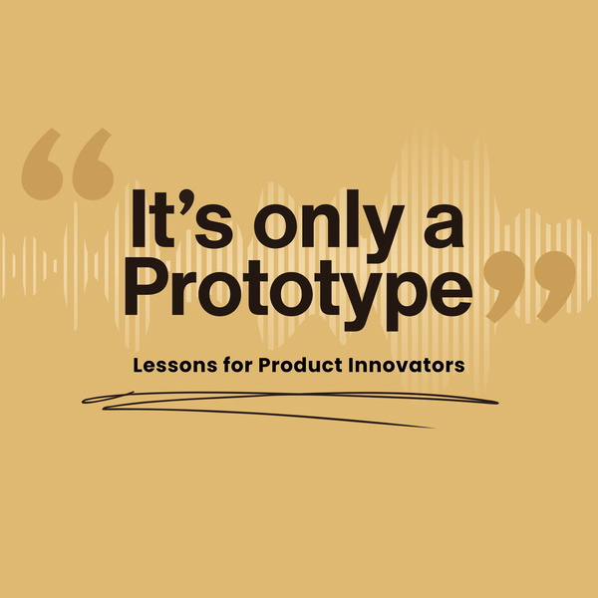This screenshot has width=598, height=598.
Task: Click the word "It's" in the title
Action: coord(182,218)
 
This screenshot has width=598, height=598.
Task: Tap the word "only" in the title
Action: coord(329,226)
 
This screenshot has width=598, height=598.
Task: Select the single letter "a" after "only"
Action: coord(444,226)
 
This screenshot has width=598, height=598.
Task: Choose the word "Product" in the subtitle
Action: coord(301,365)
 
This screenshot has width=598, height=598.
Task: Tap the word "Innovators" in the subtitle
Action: coord(407,365)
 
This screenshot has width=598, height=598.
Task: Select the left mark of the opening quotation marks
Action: coord(42,164)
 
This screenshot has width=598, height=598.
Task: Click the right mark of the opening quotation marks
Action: coord(93,164)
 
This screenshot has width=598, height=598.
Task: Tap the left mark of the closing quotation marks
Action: coord(504,287)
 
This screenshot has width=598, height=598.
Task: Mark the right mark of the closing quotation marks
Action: coord(555,287)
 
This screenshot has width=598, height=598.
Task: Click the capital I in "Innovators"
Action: coord(351,365)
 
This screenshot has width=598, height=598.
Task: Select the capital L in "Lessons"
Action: coord(138,366)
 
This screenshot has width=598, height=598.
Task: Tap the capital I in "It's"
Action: coord(139,218)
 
